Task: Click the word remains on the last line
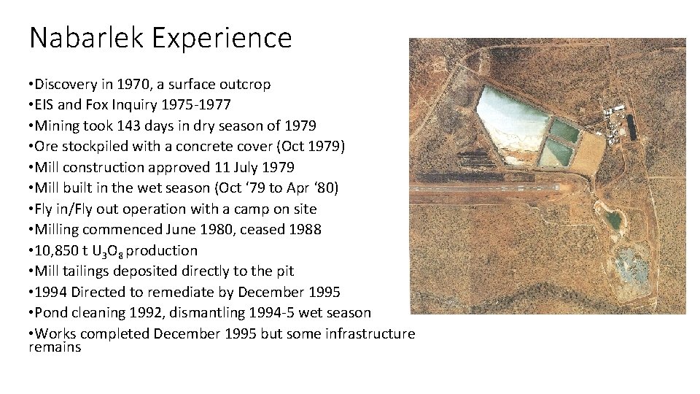55,347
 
